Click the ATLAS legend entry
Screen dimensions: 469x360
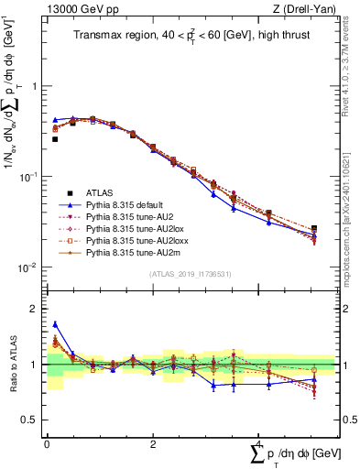101,192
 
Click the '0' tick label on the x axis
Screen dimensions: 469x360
47,443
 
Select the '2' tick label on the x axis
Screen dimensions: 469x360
152,443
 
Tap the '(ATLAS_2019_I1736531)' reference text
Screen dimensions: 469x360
190,274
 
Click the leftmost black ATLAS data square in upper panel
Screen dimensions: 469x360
55,139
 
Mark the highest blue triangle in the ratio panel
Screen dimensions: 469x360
55,324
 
